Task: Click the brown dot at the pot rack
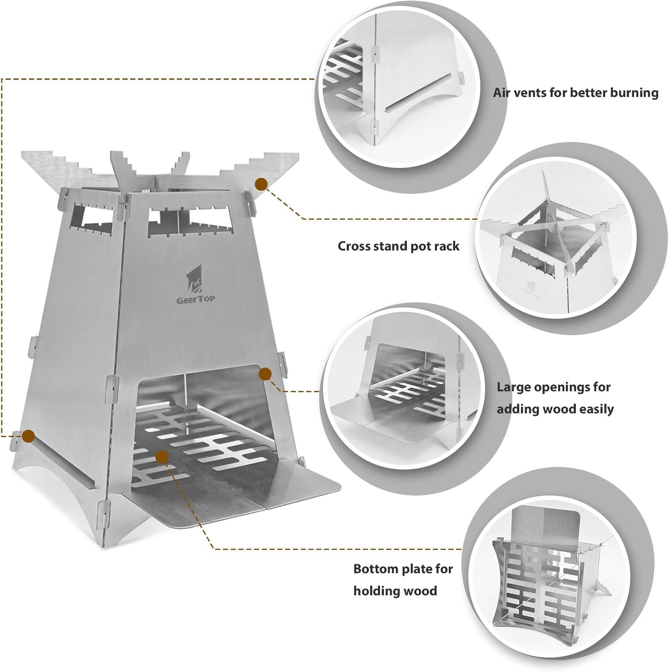click(x=261, y=184)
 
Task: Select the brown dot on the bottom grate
click(x=162, y=457)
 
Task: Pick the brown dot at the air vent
click(x=29, y=435)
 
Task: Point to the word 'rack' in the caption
click(x=447, y=246)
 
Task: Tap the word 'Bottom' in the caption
click(x=373, y=569)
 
